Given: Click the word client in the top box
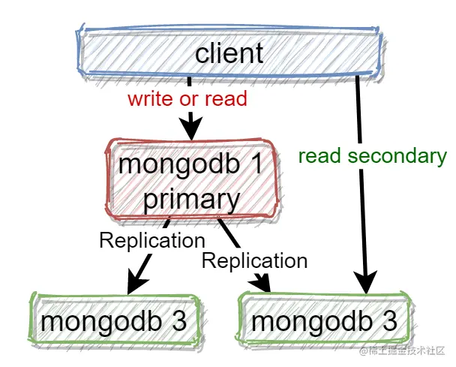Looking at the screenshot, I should (229, 53).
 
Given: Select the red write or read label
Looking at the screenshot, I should (187, 98).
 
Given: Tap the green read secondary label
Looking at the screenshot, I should (372, 156).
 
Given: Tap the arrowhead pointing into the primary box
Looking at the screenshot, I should (191, 129).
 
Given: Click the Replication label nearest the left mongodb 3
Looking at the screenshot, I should (152, 240).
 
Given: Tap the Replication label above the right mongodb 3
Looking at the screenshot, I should (255, 260).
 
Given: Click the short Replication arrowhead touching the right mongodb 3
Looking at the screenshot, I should (264, 284).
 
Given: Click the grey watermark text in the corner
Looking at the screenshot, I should (401, 351).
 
